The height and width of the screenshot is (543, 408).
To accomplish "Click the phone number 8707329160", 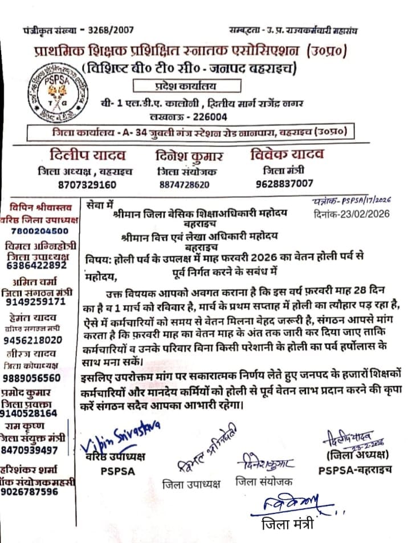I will (x=87, y=184).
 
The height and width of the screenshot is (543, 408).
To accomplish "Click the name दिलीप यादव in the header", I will (x=87, y=155).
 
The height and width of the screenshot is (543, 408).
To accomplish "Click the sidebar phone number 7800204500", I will (x=39, y=230).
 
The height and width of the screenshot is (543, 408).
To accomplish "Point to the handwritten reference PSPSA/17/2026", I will (x=365, y=201).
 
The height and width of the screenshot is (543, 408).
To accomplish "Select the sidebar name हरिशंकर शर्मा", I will (x=34, y=471).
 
